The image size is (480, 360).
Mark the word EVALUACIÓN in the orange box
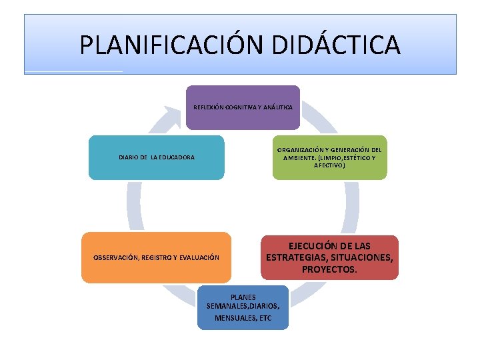(x=197, y=257)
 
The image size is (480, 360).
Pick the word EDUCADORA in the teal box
(x=175, y=158)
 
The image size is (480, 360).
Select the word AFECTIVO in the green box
(x=329, y=165)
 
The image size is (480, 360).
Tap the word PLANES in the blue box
(x=243, y=297)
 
